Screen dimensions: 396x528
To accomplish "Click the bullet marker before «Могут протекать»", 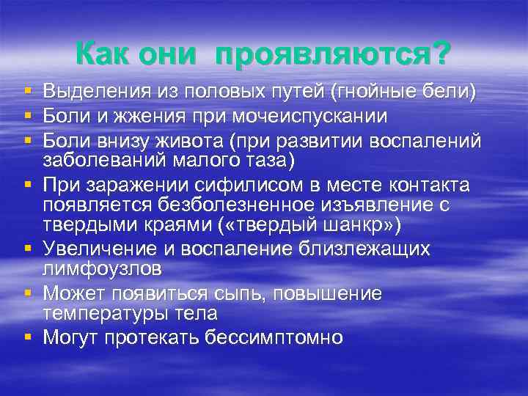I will (x=28, y=337).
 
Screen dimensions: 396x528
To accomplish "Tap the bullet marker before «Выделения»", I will (x=28, y=92).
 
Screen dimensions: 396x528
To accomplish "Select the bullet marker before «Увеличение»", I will (x=28, y=249).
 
